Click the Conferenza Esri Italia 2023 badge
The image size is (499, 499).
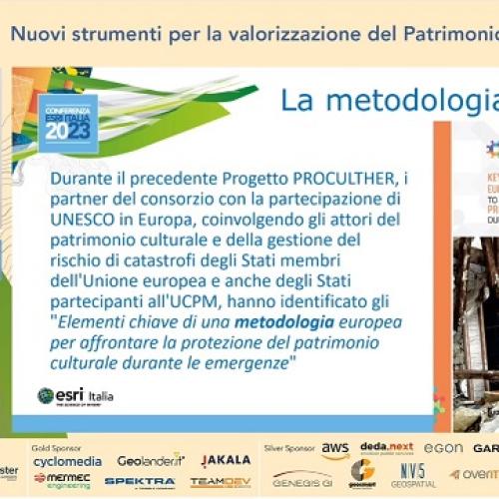67,122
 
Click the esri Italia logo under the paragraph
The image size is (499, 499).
75,395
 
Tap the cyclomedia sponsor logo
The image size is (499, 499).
67,462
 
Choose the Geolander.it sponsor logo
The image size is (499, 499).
151,460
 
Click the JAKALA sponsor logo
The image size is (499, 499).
227,461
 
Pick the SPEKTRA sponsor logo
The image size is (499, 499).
141,481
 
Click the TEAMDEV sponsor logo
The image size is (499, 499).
221,481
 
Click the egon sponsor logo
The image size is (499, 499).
443,450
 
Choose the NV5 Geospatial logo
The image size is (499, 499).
413,472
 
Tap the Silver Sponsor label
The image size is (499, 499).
289,448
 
